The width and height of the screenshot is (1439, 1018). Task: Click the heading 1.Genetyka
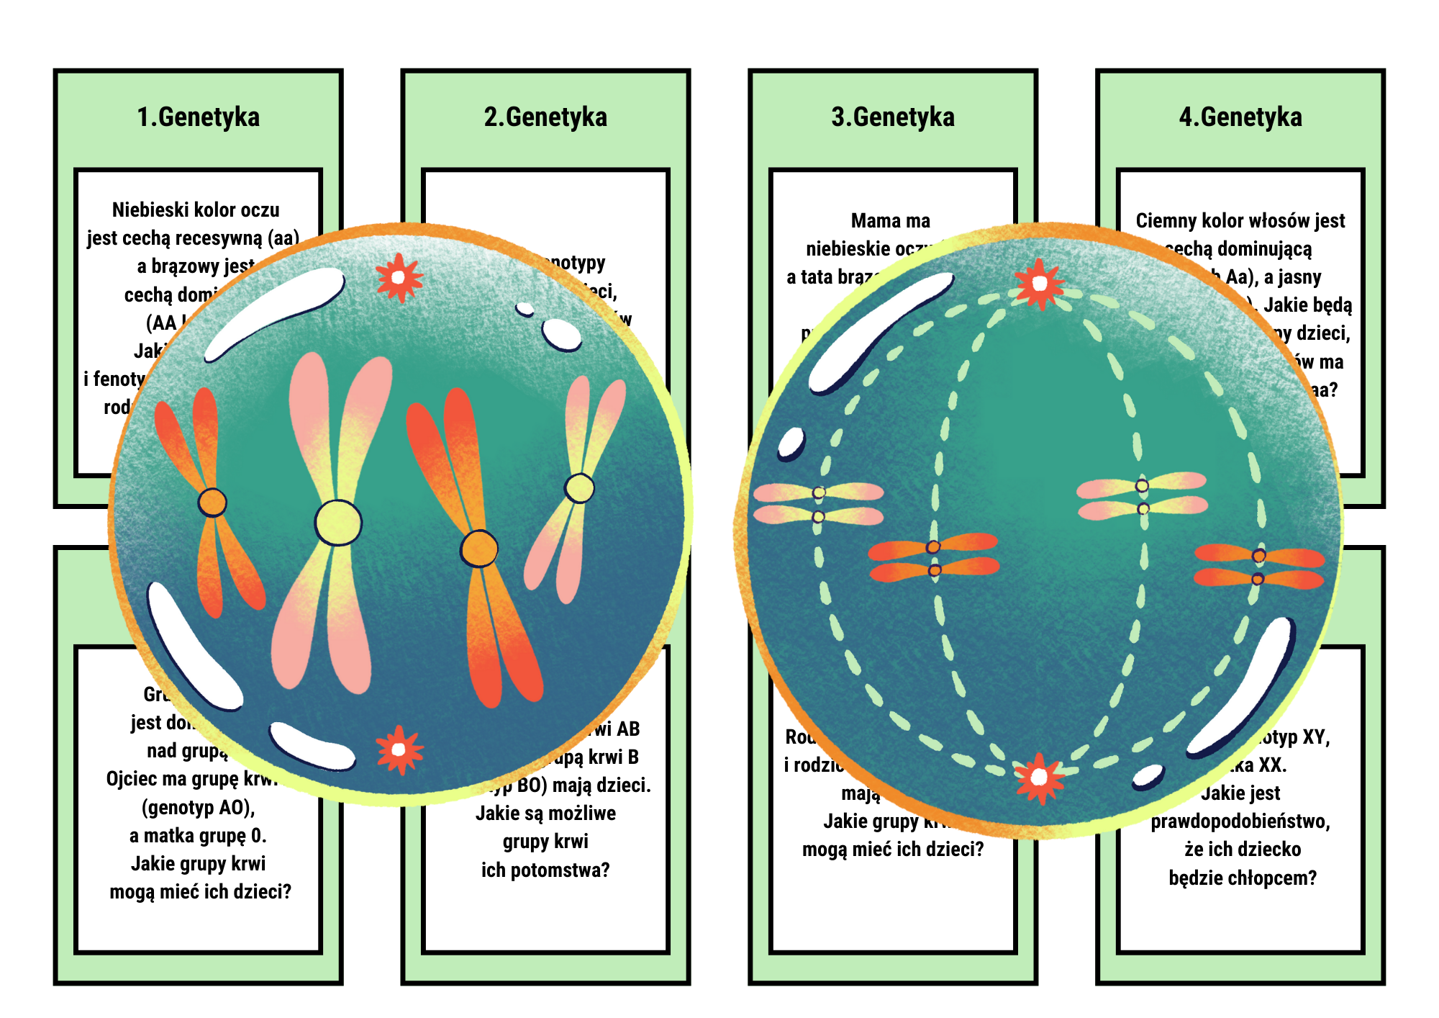coord(198,117)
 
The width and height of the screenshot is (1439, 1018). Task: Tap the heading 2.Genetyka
coord(545,117)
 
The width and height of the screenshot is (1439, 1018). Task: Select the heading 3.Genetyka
coord(893,117)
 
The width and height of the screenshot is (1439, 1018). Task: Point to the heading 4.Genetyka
coord(1240,117)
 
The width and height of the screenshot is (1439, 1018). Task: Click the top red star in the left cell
coord(399,277)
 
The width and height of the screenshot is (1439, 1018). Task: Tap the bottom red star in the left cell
coord(399,749)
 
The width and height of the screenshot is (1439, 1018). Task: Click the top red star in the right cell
coord(1039,284)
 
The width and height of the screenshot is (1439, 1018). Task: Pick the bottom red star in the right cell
coord(1039,778)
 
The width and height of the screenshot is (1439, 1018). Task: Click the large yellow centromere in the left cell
coord(337,523)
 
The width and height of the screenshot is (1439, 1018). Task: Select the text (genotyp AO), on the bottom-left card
coord(198,808)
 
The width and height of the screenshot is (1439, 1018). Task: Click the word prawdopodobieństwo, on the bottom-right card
coord(1240,821)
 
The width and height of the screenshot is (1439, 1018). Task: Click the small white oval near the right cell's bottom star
coord(1148,776)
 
